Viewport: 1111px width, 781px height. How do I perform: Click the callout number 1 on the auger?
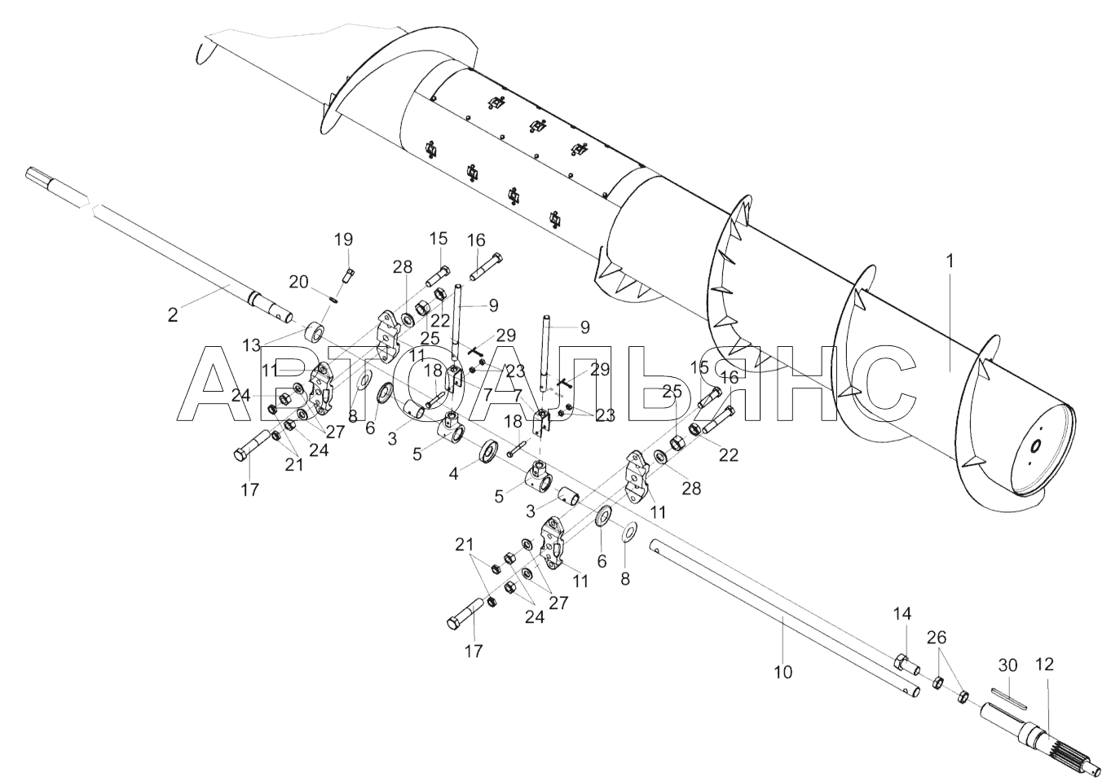pos(949,262)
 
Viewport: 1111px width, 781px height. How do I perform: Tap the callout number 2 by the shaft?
pos(172,315)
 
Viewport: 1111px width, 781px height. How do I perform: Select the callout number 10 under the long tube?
pos(783,673)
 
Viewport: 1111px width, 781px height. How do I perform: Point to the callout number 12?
pos(1044,665)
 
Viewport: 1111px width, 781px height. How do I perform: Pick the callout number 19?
pos(343,239)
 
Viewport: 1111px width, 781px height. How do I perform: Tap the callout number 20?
pos(298,281)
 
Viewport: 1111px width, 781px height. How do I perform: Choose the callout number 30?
pos(1008,665)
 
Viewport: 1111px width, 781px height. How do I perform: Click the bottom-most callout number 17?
pos(473,651)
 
